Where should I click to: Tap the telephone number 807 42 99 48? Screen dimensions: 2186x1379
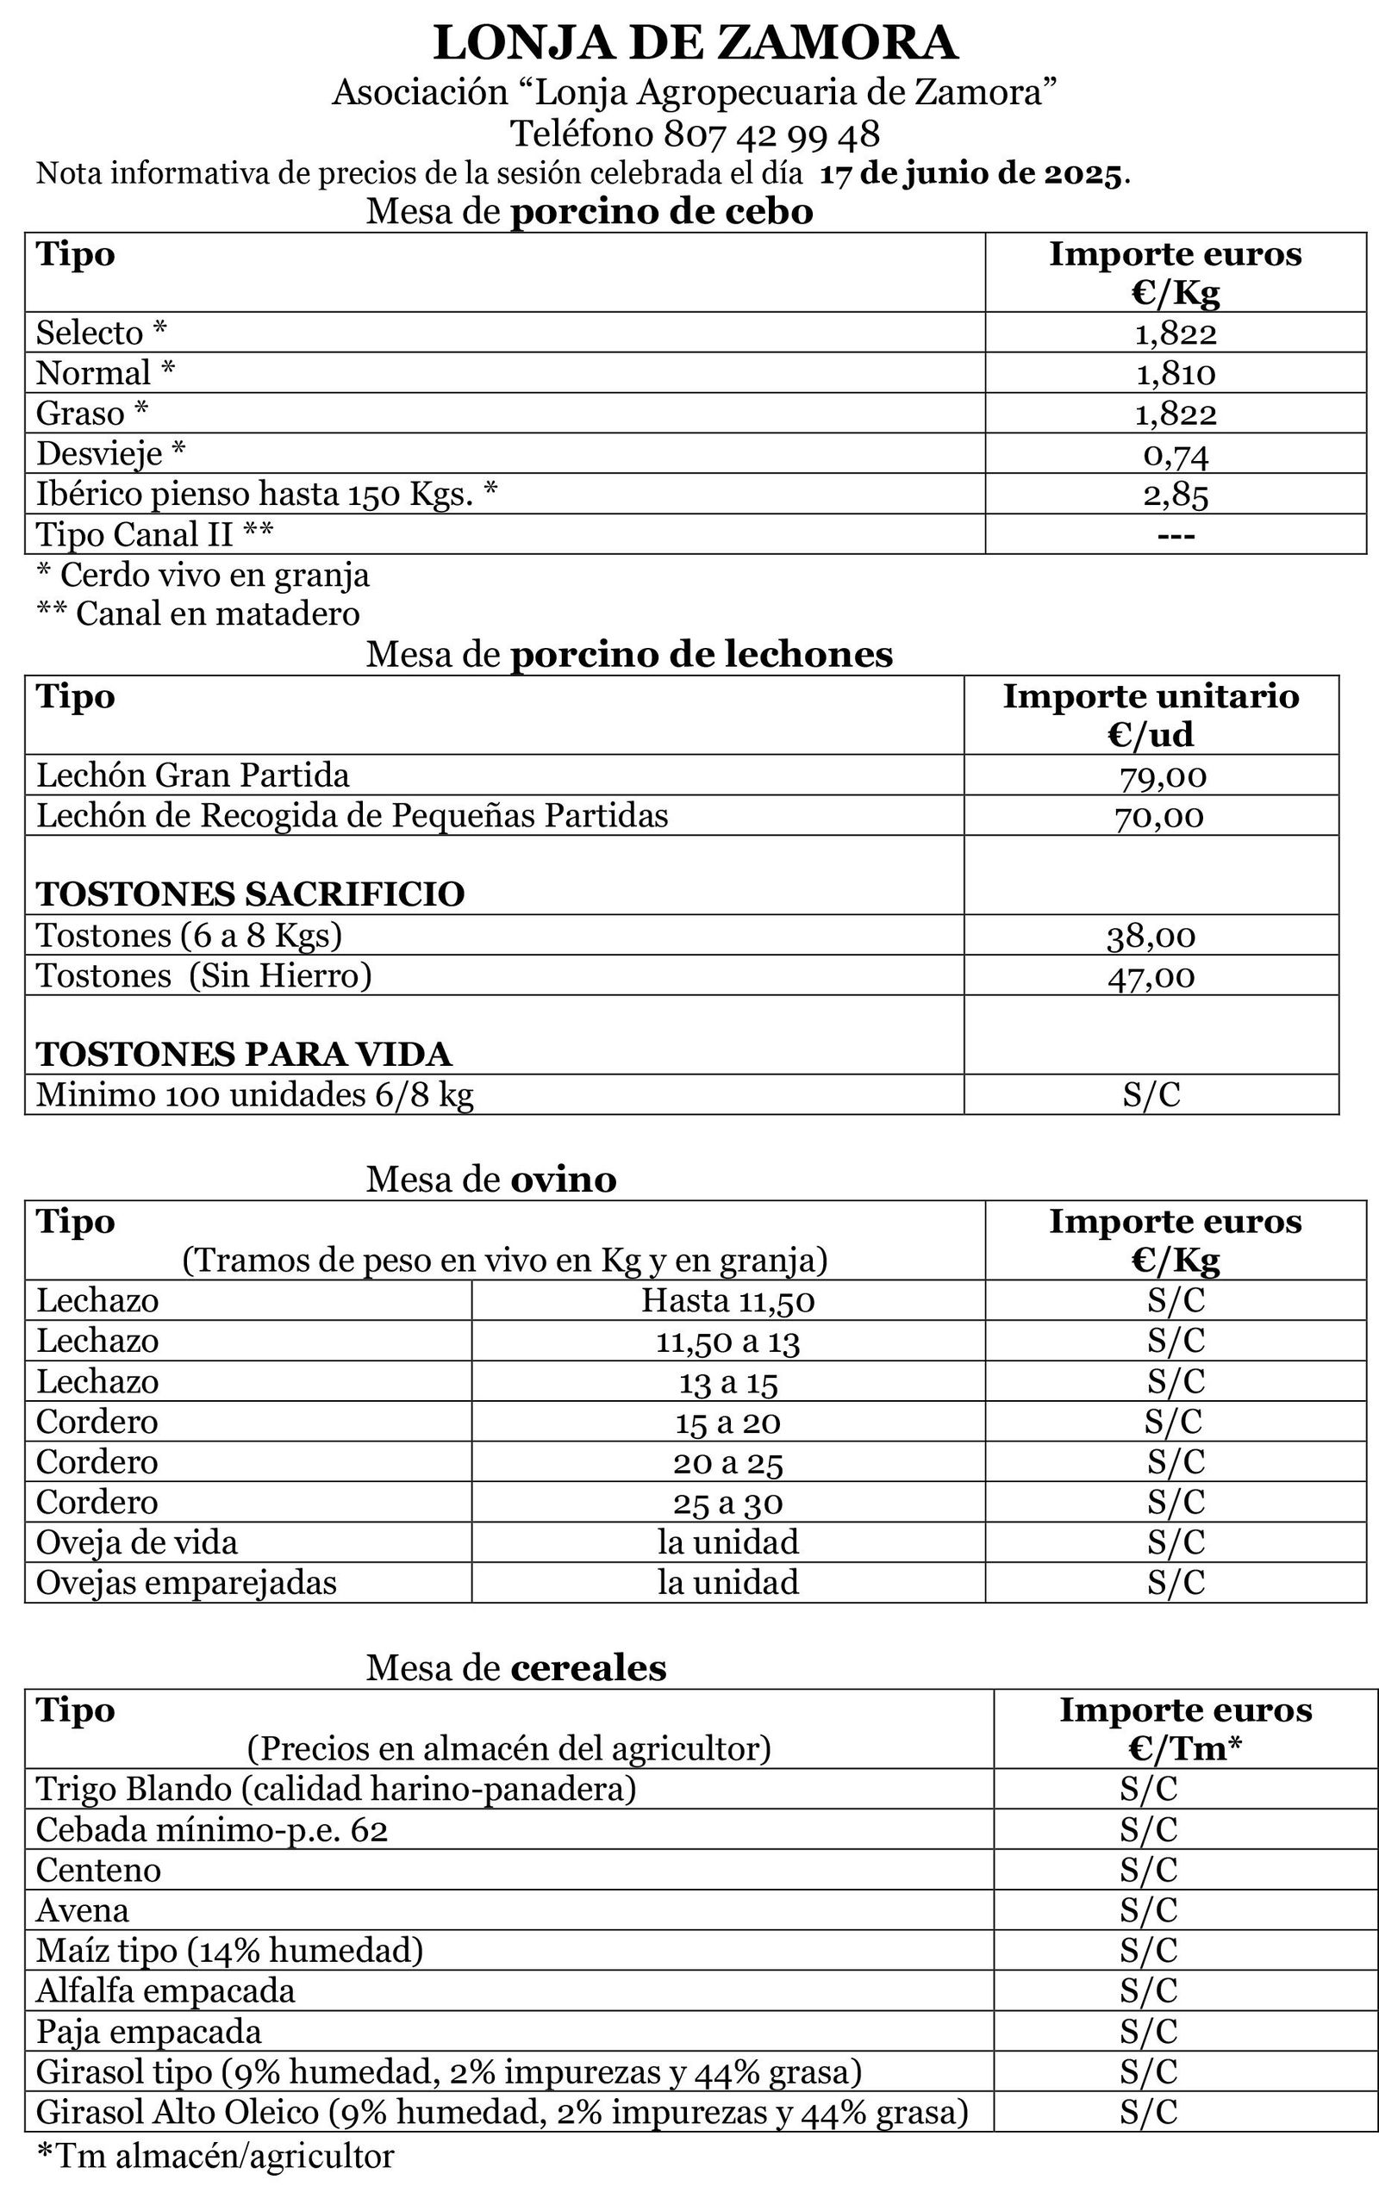click(771, 134)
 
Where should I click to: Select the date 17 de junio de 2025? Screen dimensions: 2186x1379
click(971, 172)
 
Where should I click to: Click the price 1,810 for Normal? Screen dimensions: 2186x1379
click(1175, 373)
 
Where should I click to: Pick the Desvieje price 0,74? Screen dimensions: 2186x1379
click(1175, 454)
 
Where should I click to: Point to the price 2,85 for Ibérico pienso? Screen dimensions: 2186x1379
click(1175, 495)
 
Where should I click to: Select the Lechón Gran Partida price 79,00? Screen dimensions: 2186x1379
click(1162, 776)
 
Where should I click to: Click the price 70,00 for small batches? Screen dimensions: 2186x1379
click(1159, 816)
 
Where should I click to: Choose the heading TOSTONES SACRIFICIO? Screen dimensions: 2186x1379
click(250, 894)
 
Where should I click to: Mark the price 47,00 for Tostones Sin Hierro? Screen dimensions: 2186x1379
click(1151, 977)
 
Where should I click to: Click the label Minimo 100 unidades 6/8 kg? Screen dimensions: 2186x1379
click(254, 1095)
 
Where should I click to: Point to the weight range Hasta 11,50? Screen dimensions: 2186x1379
click(728, 1301)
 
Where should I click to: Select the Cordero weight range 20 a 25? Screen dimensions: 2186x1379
click(728, 1462)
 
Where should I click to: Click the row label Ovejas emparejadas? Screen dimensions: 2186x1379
click(186, 1582)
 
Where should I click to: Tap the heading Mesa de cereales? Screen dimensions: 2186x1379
click(515, 1666)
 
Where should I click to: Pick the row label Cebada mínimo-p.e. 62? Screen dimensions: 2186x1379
click(211, 1829)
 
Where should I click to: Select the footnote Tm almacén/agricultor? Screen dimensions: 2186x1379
click(215, 2155)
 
